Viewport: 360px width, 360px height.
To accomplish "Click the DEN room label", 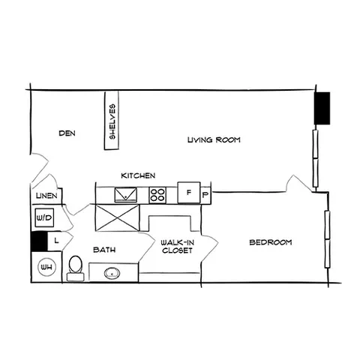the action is pyautogui.click(x=67, y=133).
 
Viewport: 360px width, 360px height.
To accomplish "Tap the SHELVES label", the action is pyautogui.click(x=112, y=121).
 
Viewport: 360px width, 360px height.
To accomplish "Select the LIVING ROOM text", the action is pyautogui.click(x=214, y=139).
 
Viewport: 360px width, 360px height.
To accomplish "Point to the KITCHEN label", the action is pyautogui.click(x=138, y=175).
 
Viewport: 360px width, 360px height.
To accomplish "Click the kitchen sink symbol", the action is pyautogui.click(x=126, y=194).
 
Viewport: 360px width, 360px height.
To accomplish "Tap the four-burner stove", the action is pyautogui.click(x=157, y=195).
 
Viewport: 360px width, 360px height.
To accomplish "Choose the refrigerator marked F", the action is pyautogui.click(x=189, y=193).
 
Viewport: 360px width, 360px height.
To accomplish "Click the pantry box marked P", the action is pyautogui.click(x=205, y=195).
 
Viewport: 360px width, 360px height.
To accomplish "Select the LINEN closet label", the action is pyautogui.click(x=46, y=196).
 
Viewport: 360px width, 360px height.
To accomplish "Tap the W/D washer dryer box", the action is pyautogui.click(x=44, y=217).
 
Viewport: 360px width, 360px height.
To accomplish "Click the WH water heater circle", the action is pyautogui.click(x=46, y=267).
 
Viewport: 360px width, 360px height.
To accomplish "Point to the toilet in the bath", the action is pyautogui.click(x=76, y=268).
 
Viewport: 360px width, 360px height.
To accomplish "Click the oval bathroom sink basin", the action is pyautogui.click(x=112, y=274).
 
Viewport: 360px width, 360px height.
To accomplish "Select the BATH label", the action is pyautogui.click(x=104, y=250).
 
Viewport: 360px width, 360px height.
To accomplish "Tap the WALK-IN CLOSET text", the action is pyautogui.click(x=177, y=247).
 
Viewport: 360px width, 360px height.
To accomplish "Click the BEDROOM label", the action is pyautogui.click(x=271, y=242).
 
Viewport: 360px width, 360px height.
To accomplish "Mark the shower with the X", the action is pyautogui.click(x=117, y=217).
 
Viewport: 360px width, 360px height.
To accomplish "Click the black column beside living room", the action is pyautogui.click(x=322, y=108).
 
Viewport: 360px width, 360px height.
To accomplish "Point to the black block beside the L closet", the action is pyautogui.click(x=39, y=241).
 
